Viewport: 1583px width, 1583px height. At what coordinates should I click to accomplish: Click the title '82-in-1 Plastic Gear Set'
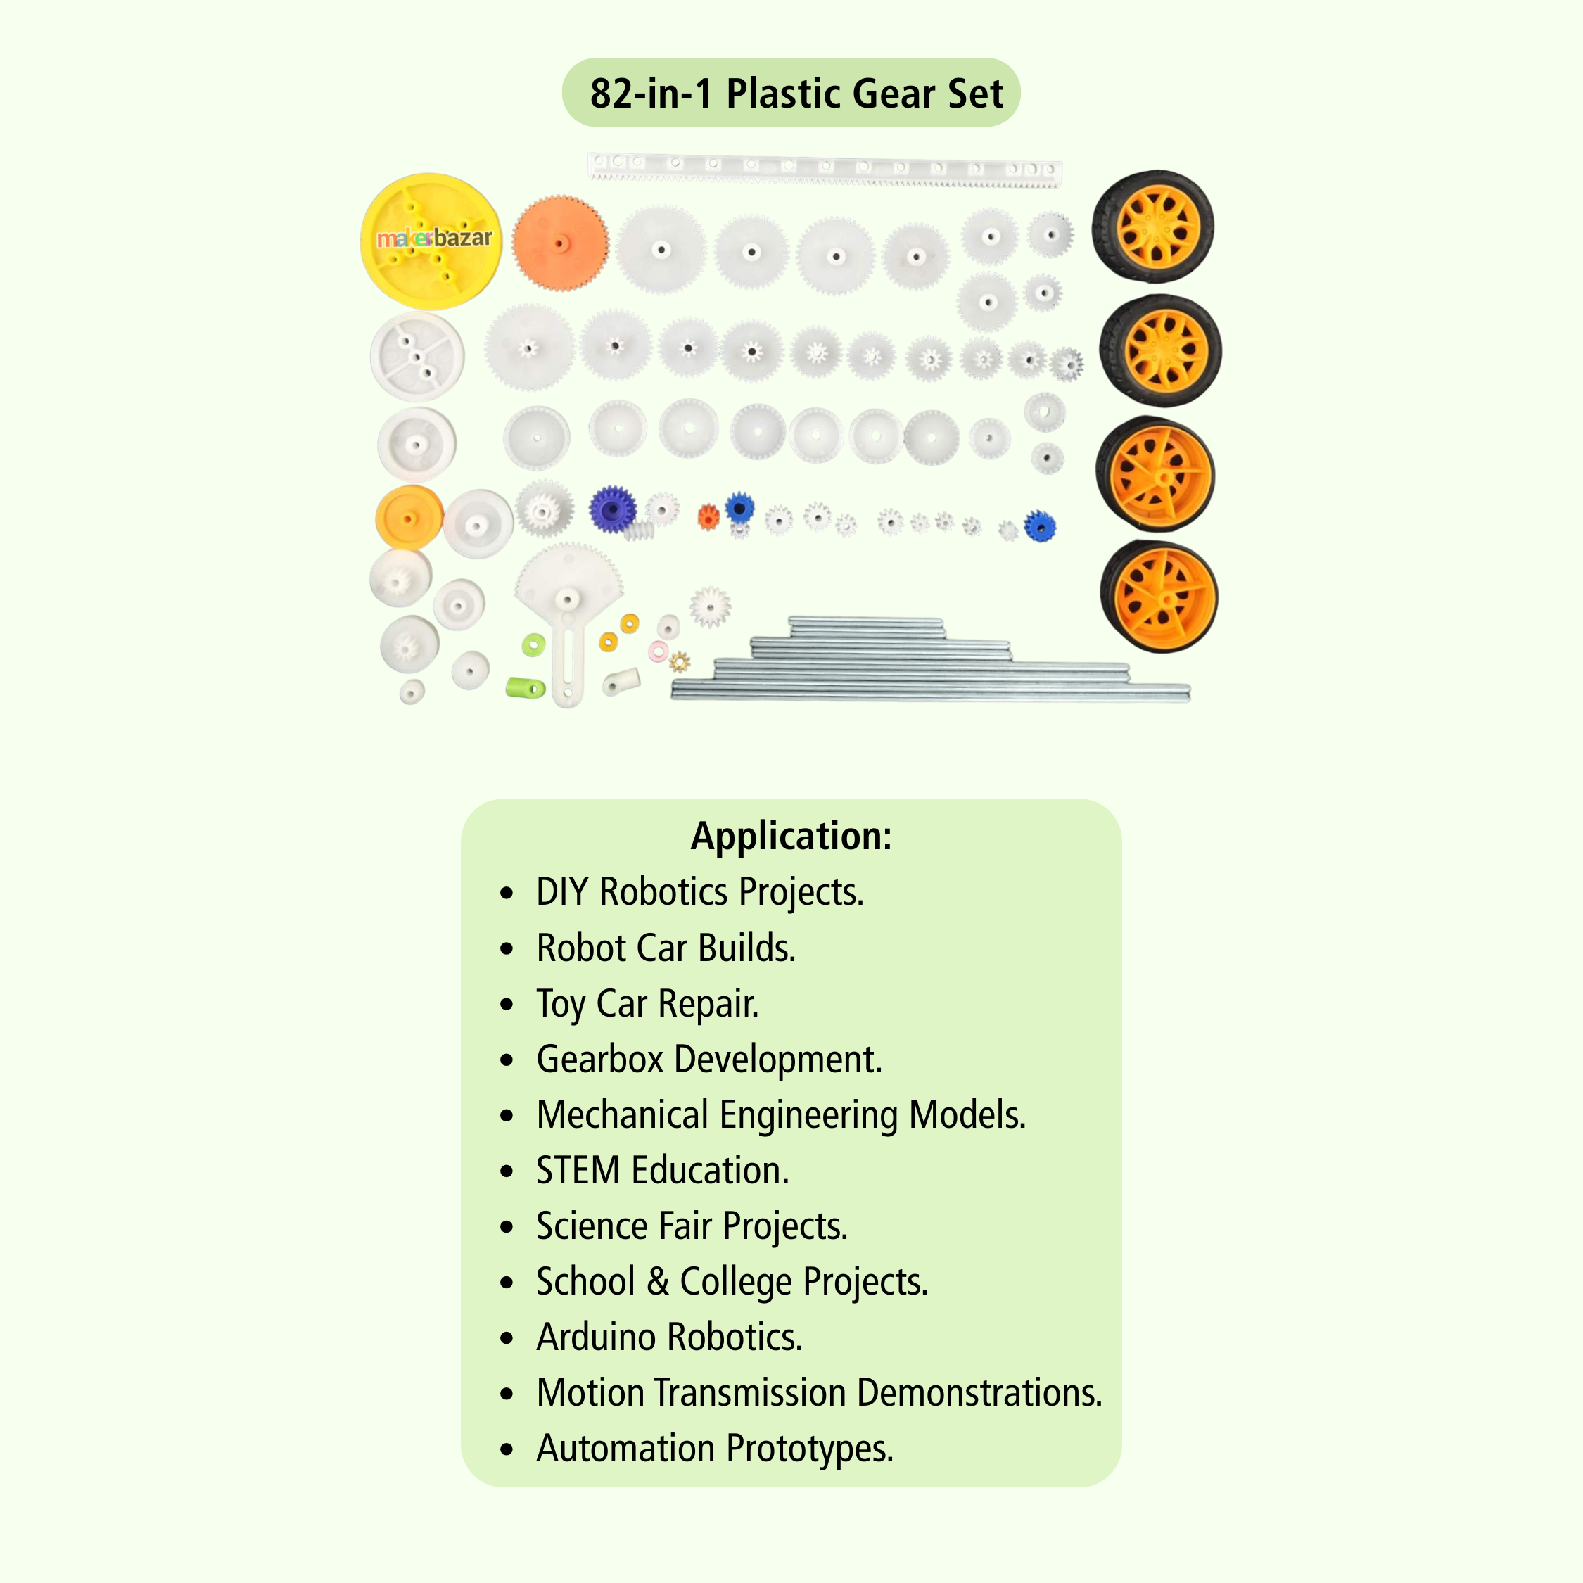pyautogui.click(x=796, y=94)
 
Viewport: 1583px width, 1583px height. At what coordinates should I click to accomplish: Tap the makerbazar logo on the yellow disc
pyautogui.click(x=434, y=239)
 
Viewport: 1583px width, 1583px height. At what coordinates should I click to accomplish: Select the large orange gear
pyautogui.click(x=561, y=243)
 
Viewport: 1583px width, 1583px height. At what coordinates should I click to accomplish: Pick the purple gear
pyautogui.click(x=612, y=509)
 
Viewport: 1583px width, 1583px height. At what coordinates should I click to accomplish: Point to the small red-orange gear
pyautogui.click(x=708, y=517)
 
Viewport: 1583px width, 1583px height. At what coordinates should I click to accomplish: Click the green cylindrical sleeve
pyautogui.click(x=526, y=687)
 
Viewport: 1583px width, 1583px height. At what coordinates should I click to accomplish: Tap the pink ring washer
pyautogui.click(x=658, y=651)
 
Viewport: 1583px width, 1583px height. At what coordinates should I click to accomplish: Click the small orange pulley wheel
pyautogui.click(x=408, y=518)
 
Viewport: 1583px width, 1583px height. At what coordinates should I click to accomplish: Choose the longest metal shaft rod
pyautogui.click(x=930, y=693)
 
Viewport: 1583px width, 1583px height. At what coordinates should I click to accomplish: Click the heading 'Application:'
pyautogui.click(x=791, y=836)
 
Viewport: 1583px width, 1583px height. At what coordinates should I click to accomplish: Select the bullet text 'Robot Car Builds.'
pyautogui.click(x=666, y=948)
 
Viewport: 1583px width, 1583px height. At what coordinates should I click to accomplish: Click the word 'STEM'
pyautogui.click(x=578, y=1170)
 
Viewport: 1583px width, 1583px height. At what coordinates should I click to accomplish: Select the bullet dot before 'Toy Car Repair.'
pyautogui.click(x=507, y=1004)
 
